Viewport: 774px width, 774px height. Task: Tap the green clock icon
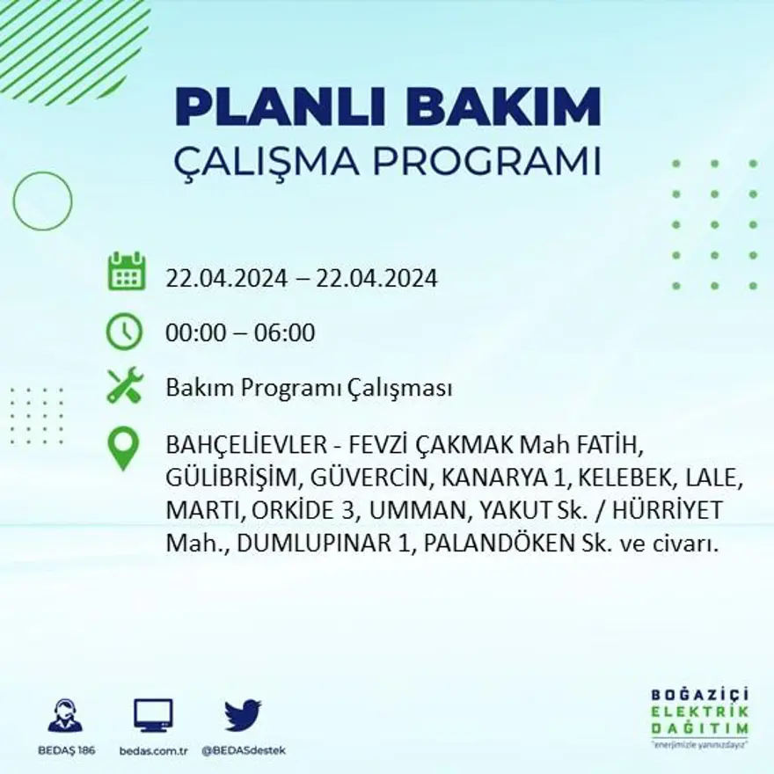point(124,332)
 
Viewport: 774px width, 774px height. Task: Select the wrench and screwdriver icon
point(125,385)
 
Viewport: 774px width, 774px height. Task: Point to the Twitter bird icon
point(243,715)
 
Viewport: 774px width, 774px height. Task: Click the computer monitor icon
point(153,716)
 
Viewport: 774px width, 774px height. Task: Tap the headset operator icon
point(65,716)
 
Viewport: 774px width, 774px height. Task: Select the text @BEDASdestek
point(244,750)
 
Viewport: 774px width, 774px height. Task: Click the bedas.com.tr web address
point(153,750)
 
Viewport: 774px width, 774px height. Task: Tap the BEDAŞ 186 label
point(66,750)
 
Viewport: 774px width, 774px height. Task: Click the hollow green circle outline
point(42,201)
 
